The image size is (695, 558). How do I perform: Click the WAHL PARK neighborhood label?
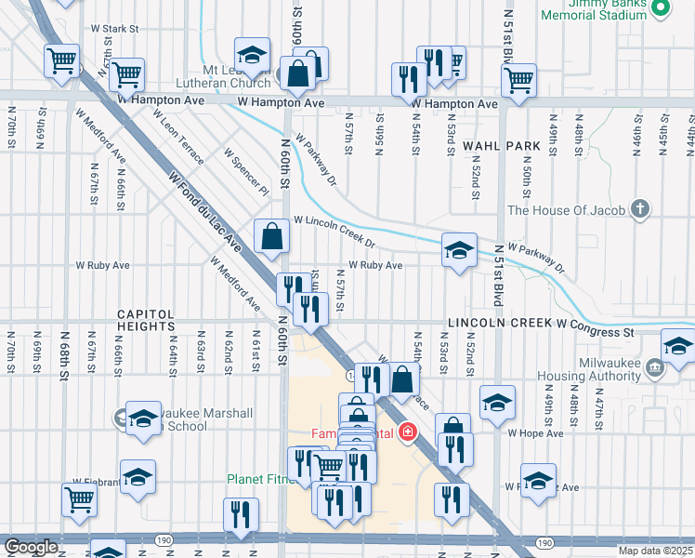501,146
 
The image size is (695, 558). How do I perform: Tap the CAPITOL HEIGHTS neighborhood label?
147,320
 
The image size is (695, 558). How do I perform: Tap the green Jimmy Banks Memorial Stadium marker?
661,8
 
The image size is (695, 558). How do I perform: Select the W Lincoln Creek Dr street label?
334,232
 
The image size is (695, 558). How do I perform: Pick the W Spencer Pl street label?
245,170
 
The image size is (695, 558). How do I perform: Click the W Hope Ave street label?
535,433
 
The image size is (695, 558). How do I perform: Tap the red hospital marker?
406,432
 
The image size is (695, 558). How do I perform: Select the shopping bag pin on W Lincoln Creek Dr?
270,237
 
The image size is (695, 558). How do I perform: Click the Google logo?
31,547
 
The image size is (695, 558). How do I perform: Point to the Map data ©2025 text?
655,551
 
